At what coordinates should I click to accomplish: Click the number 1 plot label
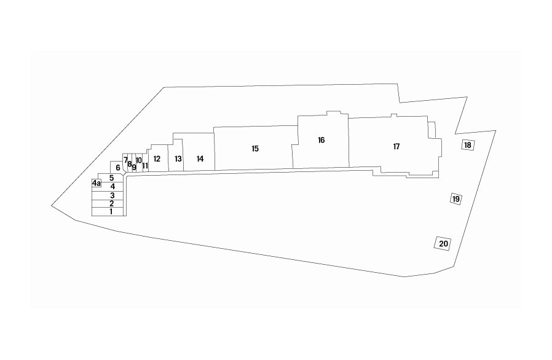pos(111,211)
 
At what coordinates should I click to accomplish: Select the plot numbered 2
pos(108,204)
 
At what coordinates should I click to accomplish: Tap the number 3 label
pos(112,195)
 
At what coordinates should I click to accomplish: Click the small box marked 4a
pos(97,183)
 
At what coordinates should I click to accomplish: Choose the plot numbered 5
pos(111,178)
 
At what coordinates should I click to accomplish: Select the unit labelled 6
pos(117,167)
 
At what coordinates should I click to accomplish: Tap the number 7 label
pos(125,160)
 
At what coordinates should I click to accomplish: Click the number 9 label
pos(134,167)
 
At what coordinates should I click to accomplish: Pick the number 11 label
pos(145,165)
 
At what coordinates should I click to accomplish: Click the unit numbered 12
pos(158,158)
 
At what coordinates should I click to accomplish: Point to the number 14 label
pos(200,158)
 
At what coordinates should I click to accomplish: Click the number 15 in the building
pos(255,149)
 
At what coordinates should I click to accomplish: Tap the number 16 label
pos(321,140)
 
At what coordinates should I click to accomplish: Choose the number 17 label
pos(396,146)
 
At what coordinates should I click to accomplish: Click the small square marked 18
pos(468,145)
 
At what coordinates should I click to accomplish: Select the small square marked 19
pos(456,199)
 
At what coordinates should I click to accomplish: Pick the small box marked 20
pos(443,243)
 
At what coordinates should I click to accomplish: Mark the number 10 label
pos(139,160)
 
